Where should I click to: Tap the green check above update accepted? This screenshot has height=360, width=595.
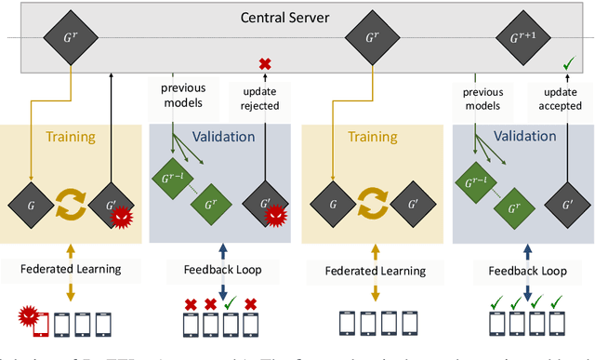(567, 63)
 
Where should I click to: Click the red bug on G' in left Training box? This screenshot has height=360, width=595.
(121, 220)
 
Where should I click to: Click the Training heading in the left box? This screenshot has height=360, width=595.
(71, 137)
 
